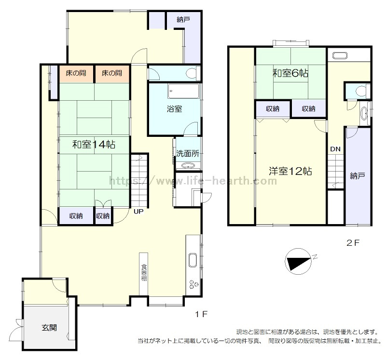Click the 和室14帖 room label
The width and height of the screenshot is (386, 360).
click(94, 145)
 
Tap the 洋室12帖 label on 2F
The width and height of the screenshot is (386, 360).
click(290, 171)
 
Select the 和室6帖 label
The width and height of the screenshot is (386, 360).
click(290, 73)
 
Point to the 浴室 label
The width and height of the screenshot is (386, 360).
click(174, 109)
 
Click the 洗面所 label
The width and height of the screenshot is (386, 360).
click(188, 153)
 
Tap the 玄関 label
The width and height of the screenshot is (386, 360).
click(49, 328)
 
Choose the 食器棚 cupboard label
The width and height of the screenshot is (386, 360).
click(144, 272)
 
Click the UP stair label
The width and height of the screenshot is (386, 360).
click(138, 211)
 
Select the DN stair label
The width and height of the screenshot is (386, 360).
click(335, 149)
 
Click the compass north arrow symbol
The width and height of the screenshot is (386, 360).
click(298, 261)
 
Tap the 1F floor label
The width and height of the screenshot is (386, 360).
click(201, 314)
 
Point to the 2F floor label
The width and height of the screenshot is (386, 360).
click(353, 243)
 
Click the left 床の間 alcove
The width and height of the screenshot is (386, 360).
click(76, 74)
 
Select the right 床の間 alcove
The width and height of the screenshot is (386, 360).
click(112, 74)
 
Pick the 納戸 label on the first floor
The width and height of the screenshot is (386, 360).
click(183, 19)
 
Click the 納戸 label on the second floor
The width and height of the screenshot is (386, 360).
click(358, 175)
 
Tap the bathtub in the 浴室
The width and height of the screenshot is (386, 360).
click(183, 92)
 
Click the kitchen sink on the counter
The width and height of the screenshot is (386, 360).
click(193, 260)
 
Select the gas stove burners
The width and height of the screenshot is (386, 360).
click(193, 284)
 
